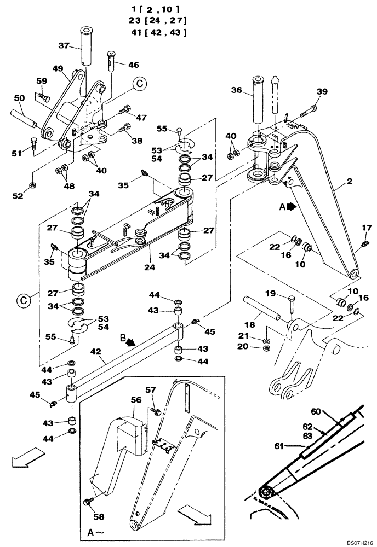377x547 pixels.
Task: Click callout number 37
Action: [x=65, y=46]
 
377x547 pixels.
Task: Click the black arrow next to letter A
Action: [x=290, y=207]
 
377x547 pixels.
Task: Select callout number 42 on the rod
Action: [x=96, y=353]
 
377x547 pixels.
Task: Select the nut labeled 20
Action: [x=267, y=346]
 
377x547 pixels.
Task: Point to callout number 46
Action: [x=134, y=65]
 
